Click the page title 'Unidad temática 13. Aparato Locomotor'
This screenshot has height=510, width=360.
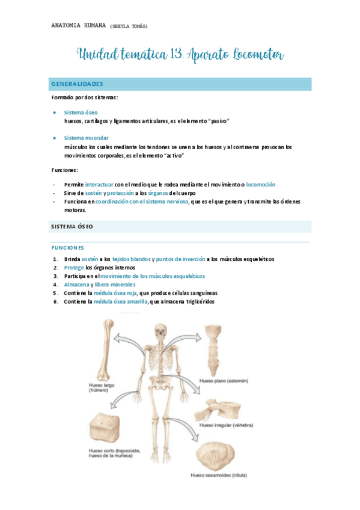[x=180, y=56]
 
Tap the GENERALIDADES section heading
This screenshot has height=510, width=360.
[x=77, y=84]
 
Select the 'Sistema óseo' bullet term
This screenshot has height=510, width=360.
[x=81, y=112]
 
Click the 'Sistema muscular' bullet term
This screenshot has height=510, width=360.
[x=86, y=138]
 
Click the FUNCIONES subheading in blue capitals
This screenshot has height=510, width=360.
[x=67, y=247]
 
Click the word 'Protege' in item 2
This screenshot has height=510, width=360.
[x=74, y=268]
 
